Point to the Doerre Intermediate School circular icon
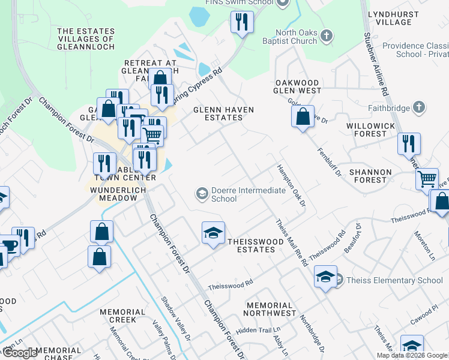point(202,193)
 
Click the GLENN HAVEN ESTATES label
point(223,114)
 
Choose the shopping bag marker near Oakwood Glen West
point(303,116)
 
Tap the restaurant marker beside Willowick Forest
point(408,144)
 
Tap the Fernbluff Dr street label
point(329,162)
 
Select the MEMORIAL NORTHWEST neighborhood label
point(271,309)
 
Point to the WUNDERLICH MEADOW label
point(115,194)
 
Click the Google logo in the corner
point(20,353)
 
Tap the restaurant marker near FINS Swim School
point(242,23)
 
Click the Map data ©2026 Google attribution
point(411,355)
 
